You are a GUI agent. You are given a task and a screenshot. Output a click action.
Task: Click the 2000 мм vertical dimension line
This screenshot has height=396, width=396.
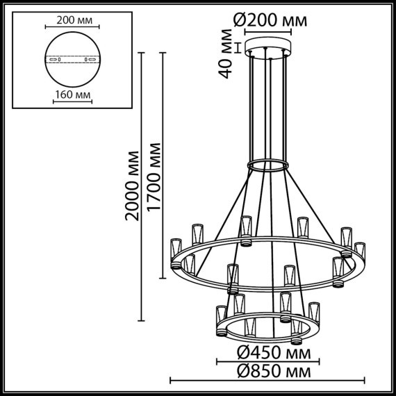point(142,188)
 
